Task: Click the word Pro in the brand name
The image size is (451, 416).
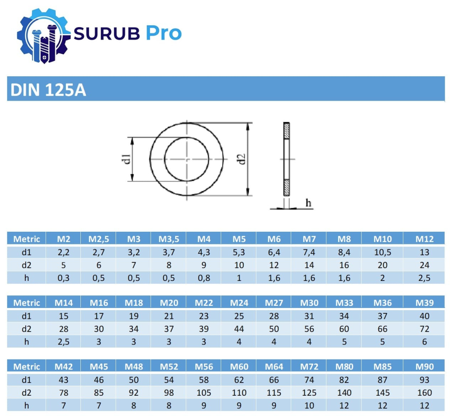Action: pyautogui.click(x=163, y=33)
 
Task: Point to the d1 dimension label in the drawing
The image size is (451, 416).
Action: pyautogui.click(x=127, y=159)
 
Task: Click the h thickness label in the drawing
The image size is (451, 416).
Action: pyautogui.click(x=308, y=203)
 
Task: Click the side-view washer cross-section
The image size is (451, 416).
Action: pyautogui.click(x=286, y=159)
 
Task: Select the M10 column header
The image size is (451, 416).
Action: pyautogui.click(x=382, y=239)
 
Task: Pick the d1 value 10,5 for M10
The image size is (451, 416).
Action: pyautogui.click(x=382, y=252)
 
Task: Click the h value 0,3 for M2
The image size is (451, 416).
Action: pyautogui.click(x=63, y=278)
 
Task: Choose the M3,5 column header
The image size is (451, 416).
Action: pyautogui.click(x=168, y=239)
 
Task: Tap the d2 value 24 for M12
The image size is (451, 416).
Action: pyautogui.click(x=424, y=265)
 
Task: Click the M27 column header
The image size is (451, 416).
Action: pyautogui.click(x=274, y=303)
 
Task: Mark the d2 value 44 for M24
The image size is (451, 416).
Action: pyautogui.click(x=239, y=329)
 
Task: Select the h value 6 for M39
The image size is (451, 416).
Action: pyautogui.click(x=424, y=342)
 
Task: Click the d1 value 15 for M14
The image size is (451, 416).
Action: pyautogui.click(x=63, y=316)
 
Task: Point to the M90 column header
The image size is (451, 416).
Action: pyautogui.click(x=424, y=366)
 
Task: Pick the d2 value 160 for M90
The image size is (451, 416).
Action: pyautogui.click(x=424, y=393)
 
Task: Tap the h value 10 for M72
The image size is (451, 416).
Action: pyautogui.click(x=309, y=406)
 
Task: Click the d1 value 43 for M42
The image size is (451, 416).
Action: pyautogui.click(x=63, y=379)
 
